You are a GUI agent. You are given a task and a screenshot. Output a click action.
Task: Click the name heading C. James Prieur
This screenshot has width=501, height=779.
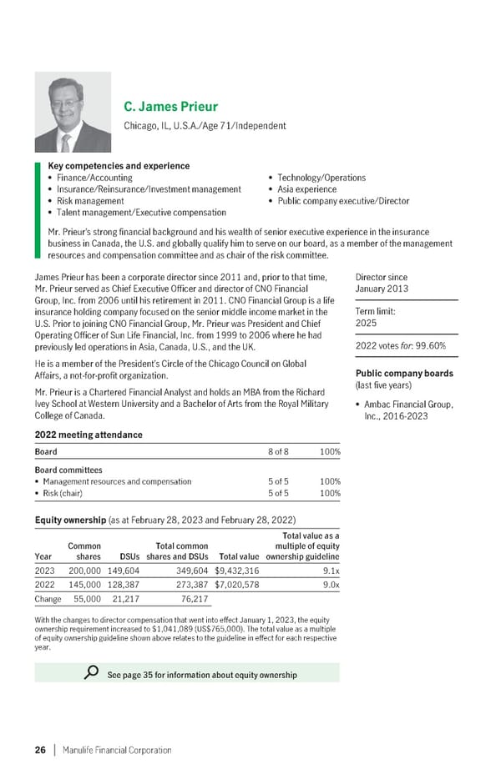pos(170,107)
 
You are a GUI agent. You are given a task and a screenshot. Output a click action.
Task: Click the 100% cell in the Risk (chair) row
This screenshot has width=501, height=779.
pos(330,493)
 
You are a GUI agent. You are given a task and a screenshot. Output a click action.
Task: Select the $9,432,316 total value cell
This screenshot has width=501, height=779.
pos(236,570)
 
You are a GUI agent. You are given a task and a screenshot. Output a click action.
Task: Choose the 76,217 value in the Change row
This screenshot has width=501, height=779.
pos(193,600)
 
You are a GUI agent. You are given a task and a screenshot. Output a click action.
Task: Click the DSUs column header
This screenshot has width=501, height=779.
pos(129,556)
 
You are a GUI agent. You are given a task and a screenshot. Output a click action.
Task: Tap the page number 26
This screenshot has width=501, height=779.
pos(40,750)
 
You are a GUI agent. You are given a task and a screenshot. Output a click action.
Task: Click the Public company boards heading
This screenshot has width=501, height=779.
pos(404,374)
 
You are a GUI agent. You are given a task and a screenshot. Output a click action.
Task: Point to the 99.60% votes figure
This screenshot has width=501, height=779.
pos(429,346)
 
